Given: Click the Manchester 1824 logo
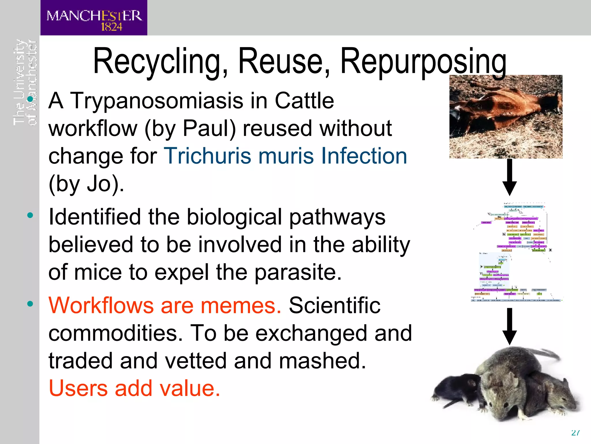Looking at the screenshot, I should pos(94,18).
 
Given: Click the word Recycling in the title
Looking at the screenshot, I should pos(160,62).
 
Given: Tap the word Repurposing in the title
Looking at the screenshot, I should pos(423,62).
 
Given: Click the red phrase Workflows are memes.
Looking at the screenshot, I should pos(164,305).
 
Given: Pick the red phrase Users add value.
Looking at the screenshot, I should pos(134,388).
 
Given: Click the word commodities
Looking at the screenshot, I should pos(115,333).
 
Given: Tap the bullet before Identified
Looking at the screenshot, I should pos(30,215).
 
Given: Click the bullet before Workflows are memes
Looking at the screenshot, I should pos(30,304).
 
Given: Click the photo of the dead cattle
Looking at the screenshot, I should pos(506,116).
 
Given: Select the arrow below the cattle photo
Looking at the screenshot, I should pos(509,177).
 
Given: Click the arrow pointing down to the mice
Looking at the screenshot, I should pos(509,326).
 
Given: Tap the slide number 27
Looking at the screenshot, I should pos(575,433).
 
